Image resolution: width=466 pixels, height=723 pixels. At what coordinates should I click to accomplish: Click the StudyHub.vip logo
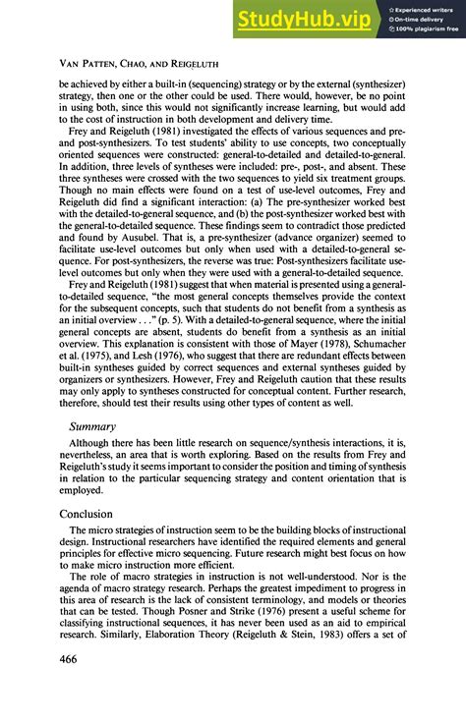[x=308, y=19]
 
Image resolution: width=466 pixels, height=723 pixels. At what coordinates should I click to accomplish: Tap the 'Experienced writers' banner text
[x=427, y=8]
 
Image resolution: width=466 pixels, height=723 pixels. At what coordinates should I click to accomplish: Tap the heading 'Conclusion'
[x=98, y=514]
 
